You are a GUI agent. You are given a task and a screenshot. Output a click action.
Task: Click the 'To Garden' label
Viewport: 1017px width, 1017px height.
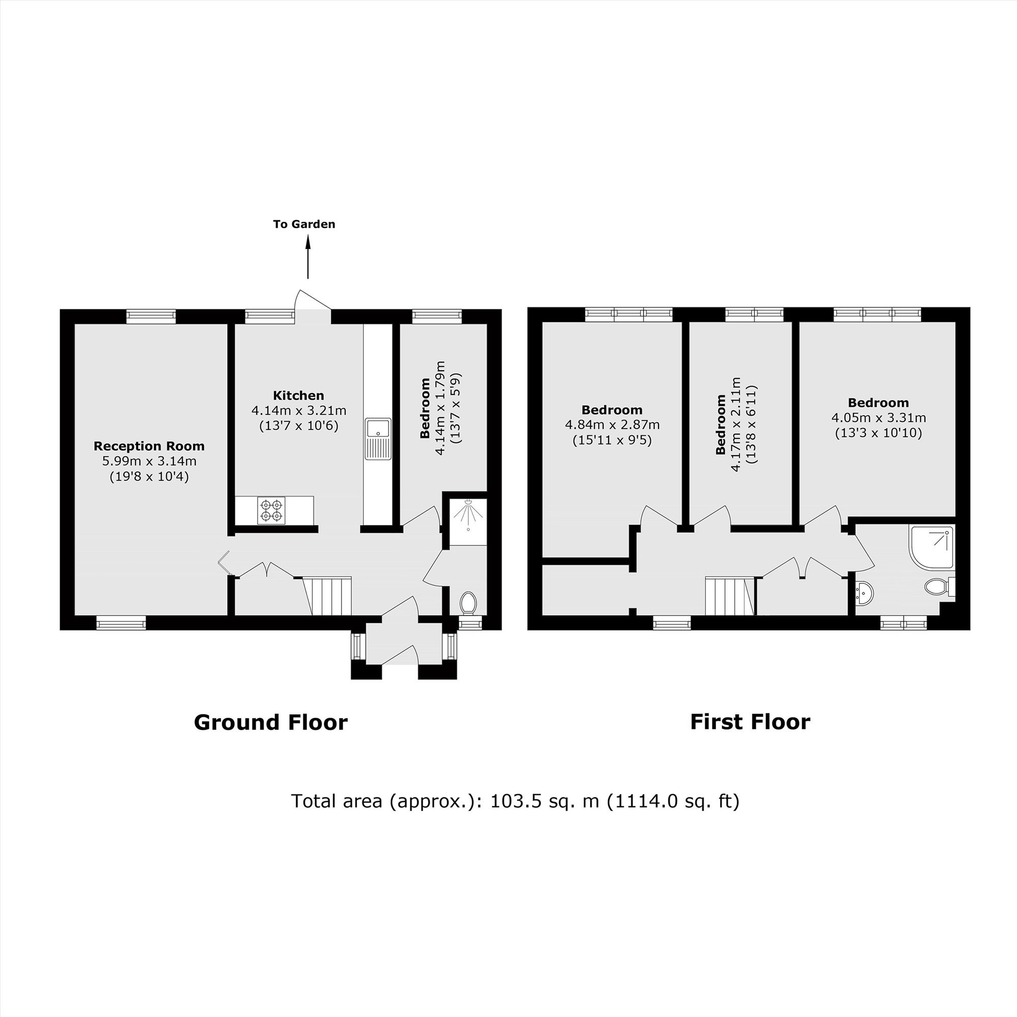[304, 224]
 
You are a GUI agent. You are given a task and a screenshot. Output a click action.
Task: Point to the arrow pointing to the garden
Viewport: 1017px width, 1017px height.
[308, 257]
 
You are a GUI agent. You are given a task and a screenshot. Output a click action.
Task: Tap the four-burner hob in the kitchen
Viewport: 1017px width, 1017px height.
[271, 511]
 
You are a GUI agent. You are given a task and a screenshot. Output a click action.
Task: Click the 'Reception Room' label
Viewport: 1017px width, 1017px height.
[149, 446]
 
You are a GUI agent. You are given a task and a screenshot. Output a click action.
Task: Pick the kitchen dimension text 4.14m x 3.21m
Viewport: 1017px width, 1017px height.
[299, 410]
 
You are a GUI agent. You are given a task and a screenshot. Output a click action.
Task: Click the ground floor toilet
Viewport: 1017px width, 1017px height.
[468, 603]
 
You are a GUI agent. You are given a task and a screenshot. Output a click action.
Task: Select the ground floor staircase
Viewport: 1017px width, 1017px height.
[327, 595]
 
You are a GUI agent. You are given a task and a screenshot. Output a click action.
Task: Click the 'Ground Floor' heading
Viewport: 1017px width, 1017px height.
[271, 722]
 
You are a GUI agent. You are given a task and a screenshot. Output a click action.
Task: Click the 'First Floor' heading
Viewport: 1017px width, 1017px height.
[750, 722]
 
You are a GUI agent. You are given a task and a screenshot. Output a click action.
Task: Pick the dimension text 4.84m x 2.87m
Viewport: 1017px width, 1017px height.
[612, 425]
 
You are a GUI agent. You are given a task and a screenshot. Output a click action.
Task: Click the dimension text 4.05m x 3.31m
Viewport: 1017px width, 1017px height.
[879, 418]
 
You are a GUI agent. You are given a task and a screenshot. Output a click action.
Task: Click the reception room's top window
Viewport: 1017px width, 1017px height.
[151, 316]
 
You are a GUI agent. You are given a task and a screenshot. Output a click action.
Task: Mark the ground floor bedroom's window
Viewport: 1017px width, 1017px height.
[437, 316]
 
